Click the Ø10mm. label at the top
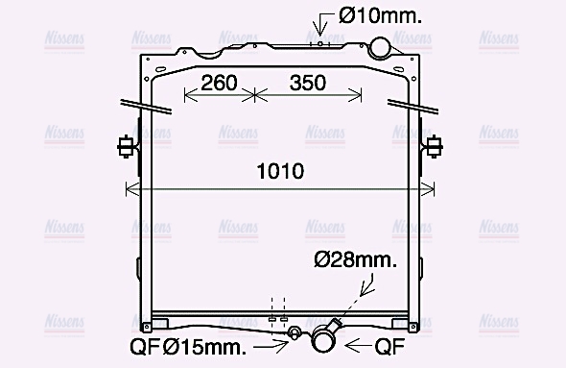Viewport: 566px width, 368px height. click(380, 16)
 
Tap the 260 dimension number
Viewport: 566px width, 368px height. click(219, 83)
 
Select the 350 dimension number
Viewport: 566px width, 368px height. click(308, 83)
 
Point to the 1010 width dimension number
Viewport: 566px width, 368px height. click(280, 171)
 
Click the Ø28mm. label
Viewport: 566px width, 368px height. click(356, 260)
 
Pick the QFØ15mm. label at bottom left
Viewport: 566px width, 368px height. click(188, 348)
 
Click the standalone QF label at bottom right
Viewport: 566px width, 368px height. click(389, 347)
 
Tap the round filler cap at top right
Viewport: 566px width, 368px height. click(379, 48)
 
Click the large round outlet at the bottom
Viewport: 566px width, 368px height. click(323, 339)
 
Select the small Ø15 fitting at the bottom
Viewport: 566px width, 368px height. click(294, 332)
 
